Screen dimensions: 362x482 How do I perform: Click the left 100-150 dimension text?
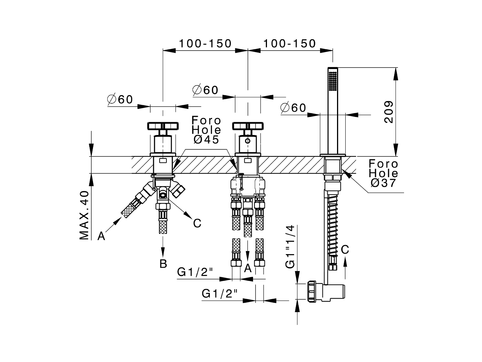[205, 44]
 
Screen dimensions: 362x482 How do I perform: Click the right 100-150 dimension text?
[289, 44]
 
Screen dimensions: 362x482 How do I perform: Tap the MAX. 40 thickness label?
[84, 215]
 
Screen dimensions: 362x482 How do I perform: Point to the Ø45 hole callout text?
[206, 140]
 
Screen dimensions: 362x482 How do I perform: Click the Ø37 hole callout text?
[383, 183]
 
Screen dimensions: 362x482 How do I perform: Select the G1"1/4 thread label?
[290, 247]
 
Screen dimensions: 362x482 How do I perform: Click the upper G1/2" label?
[195, 271]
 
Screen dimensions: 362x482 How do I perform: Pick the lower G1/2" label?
[220, 293]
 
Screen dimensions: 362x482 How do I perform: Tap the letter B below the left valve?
[163, 264]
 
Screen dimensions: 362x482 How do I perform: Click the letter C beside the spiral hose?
[345, 249]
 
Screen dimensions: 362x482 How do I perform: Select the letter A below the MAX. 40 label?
[101, 236]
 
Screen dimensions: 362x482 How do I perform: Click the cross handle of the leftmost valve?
[162, 126]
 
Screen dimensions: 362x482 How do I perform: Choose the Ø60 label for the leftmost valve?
[120, 100]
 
